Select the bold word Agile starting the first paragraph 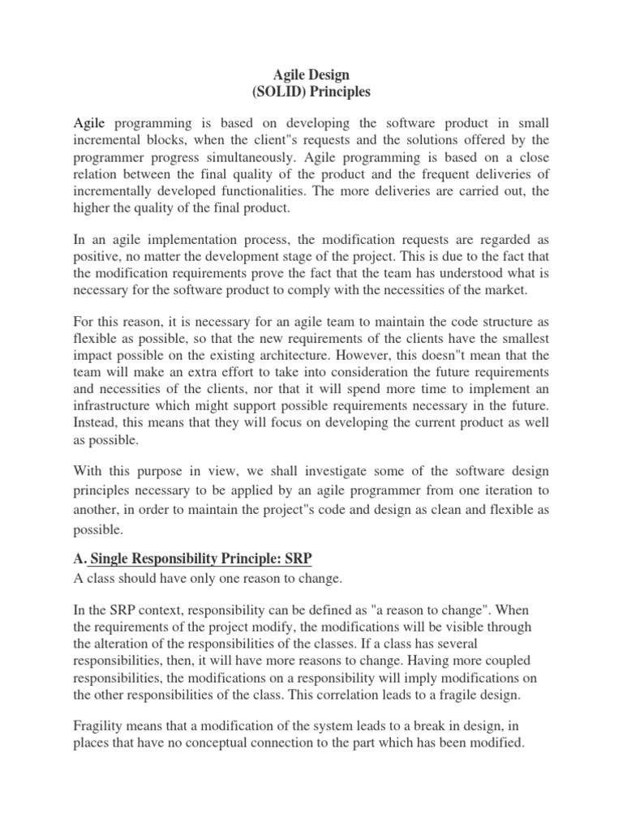pyautogui.click(x=90, y=123)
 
